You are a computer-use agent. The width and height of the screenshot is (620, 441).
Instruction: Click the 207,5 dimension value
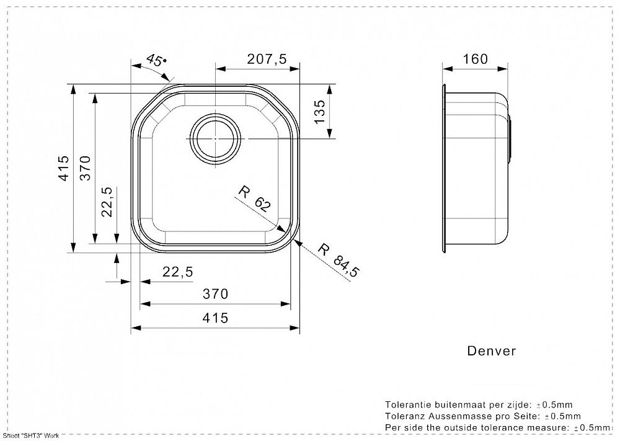(267, 59)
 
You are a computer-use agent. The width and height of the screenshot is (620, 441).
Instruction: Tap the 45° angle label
(156, 60)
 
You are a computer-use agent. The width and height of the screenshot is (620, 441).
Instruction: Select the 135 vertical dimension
(320, 112)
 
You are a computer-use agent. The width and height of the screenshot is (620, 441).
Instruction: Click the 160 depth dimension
(475, 59)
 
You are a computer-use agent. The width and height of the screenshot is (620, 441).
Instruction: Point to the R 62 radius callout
(254, 199)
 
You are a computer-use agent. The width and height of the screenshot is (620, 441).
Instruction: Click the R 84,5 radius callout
(339, 261)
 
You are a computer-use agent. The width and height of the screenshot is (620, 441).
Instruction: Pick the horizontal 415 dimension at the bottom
(215, 318)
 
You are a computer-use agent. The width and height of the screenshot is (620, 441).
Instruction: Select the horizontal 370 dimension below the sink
(215, 294)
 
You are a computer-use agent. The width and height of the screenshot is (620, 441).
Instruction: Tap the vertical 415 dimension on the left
(64, 168)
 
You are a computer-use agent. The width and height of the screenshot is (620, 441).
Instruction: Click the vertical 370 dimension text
(86, 168)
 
